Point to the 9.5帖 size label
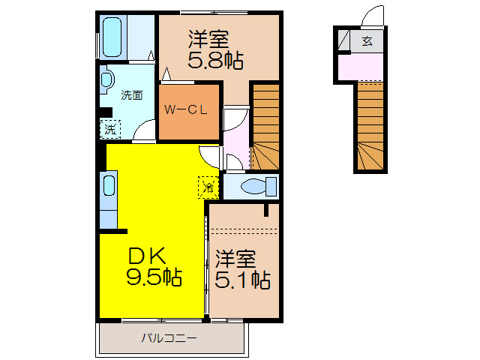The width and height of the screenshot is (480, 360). (154, 278)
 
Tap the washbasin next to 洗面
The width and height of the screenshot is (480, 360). (106, 79)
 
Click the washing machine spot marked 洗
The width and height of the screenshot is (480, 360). (110, 128)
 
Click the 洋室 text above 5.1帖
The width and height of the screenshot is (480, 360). (236, 259)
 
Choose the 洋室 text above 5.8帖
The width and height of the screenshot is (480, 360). (208, 38)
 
